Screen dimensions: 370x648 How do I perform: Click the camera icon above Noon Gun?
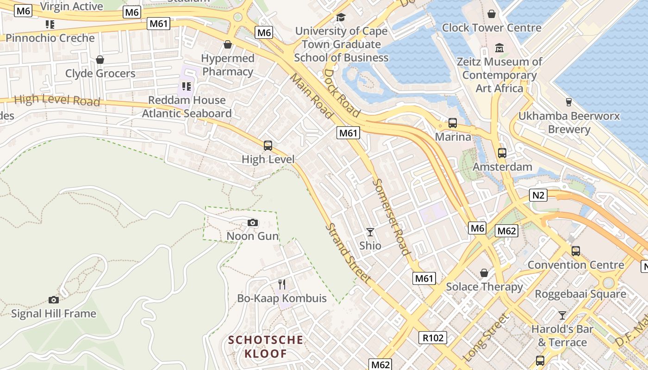(x=252, y=223)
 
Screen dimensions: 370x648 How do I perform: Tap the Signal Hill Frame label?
(x=54, y=314)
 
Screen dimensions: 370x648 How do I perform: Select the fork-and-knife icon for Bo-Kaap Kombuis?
(x=281, y=284)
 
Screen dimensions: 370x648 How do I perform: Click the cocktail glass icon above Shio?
(x=370, y=232)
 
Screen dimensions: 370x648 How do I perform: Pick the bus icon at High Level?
(x=268, y=146)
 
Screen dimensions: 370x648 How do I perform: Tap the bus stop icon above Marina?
(x=452, y=123)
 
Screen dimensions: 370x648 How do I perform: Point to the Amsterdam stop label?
(x=502, y=166)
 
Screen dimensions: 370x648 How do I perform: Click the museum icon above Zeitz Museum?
(x=499, y=48)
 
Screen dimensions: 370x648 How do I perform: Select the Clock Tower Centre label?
(x=492, y=28)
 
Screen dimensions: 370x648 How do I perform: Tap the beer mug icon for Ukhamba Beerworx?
(x=569, y=102)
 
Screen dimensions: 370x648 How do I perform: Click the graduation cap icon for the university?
(x=341, y=17)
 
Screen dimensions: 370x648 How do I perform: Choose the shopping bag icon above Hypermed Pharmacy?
(x=227, y=44)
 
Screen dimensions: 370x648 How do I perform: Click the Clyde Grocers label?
(x=100, y=74)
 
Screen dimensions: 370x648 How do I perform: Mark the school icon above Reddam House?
(x=187, y=86)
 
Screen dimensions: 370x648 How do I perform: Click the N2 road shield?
(x=538, y=195)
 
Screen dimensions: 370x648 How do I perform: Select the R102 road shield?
(x=433, y=338)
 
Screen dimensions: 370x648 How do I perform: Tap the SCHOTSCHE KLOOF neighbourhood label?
(x=266, y=347)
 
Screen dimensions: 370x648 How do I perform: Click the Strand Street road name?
(x=348, y=253)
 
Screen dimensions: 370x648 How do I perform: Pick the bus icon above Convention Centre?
(x=575, y=251)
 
